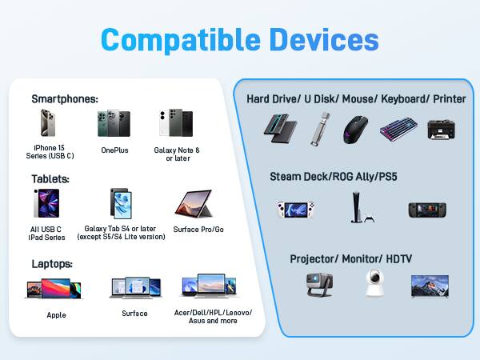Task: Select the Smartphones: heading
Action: pyautogui.click(x=65, y=99)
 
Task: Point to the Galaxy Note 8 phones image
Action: pyautogui.click(x=176, y=124)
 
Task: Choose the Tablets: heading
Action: pyautogui.click(x=50, y=179)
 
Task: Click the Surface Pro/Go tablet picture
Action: pyautogui.click(x=193, y=205)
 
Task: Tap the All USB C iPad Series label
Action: pyautogui.click(x=46, y=233)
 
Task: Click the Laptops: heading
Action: pyautogui.click(x=53, y=263)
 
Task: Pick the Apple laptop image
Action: pyautogui.click(x=54, y=290)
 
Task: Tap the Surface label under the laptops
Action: pyautogui.click(x=134, y=313)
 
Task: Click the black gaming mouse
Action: pyautogui.click(x=357, y=129)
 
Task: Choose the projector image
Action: pyautogui.click(x=320, y=285)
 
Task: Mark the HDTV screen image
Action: pyautogui.click(x=430, y=285)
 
